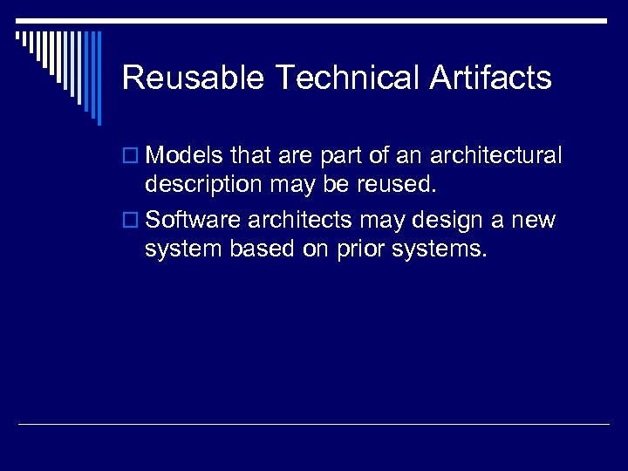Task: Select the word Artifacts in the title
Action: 491,78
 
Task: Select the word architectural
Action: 496,156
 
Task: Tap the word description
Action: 202,186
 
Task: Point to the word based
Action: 260,249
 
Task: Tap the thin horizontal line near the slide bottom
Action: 314,425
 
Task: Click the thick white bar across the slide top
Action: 314,19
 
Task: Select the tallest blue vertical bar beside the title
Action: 99,78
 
